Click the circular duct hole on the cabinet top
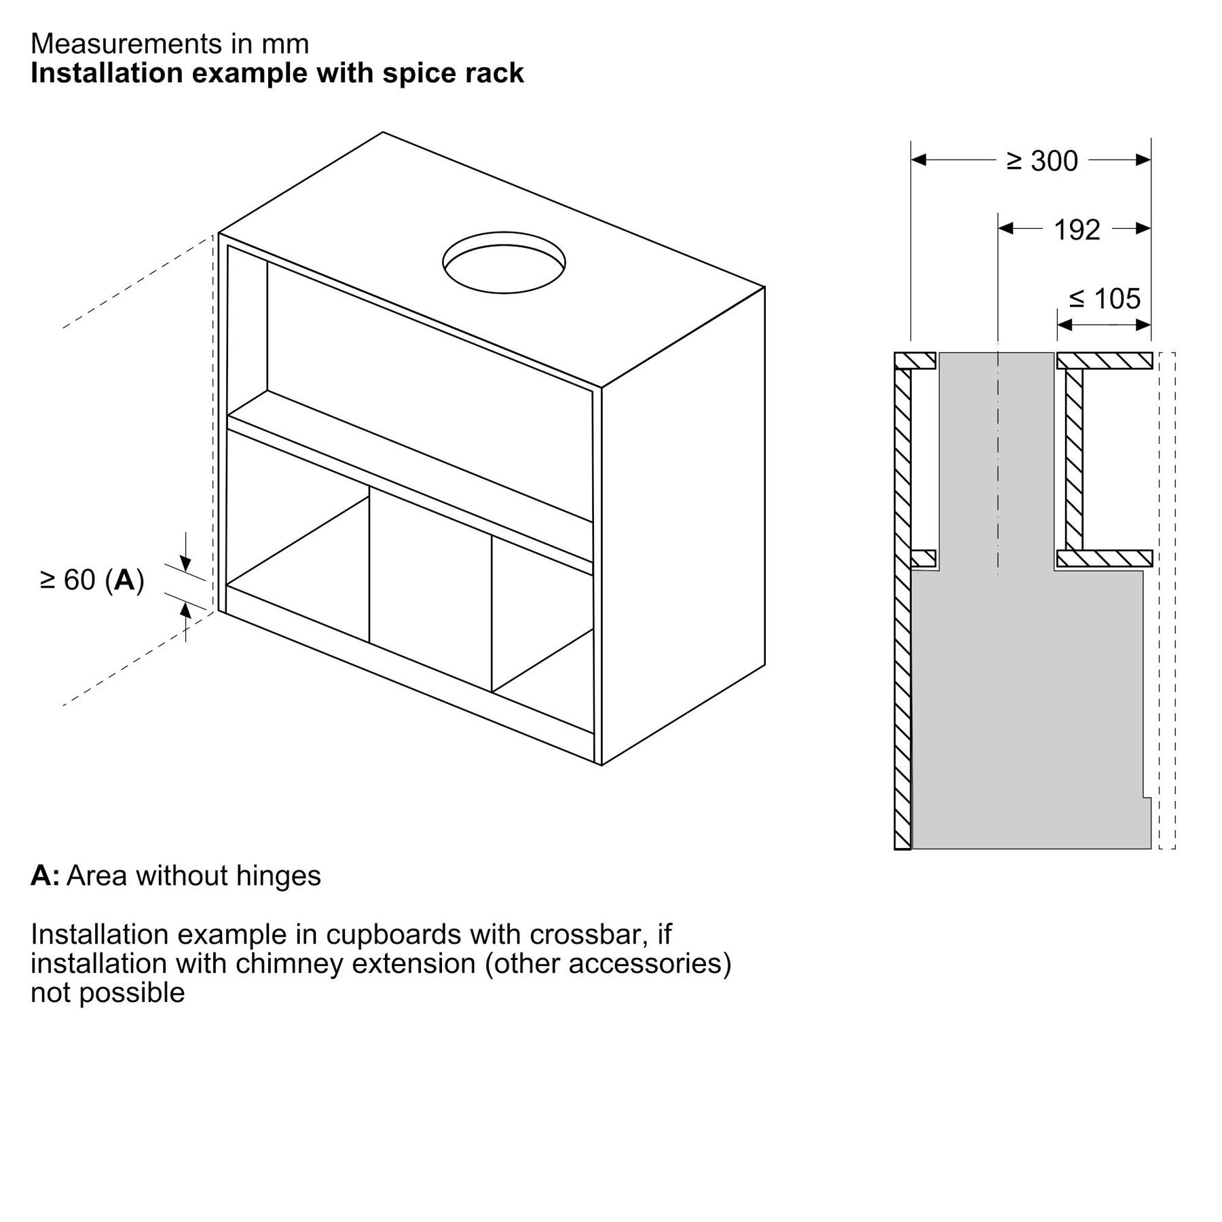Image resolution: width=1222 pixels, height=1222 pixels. coord(504,262)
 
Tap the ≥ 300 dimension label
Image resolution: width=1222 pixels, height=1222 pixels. coord(1042,162)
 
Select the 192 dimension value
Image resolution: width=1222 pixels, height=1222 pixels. coord(1077,230)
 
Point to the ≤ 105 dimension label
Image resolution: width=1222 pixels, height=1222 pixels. coord(1105,299)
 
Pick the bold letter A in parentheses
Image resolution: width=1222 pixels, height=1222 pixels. coord(125,580)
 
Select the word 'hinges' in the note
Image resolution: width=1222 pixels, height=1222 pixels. coord(278,876)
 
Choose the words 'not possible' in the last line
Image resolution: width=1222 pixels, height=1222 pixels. coord(108,993)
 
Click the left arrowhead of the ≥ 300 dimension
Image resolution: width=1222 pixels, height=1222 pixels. coord(919,160)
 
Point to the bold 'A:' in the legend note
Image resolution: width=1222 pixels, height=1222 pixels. coord(45,876)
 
